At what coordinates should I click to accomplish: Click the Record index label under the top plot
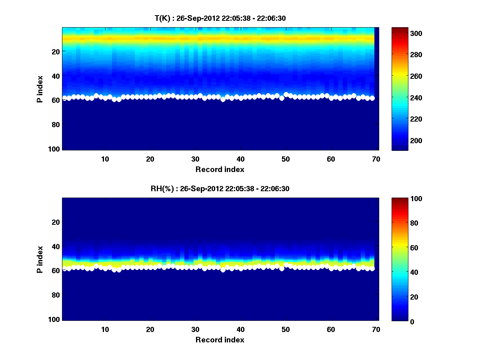220,169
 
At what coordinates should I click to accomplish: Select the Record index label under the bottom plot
220,340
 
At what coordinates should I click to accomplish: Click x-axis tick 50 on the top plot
286,159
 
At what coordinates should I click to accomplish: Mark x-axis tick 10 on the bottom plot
105,329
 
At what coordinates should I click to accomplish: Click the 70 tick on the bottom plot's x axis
376,329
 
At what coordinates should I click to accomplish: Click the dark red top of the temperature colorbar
400,30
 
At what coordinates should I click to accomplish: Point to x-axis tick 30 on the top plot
195,159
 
